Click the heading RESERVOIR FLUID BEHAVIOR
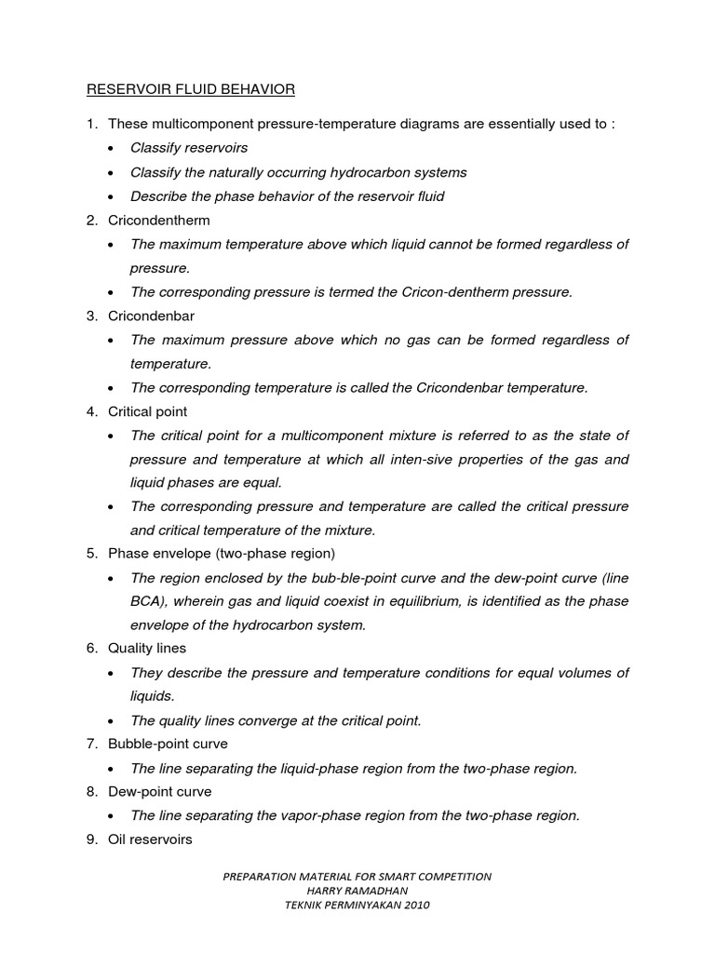(x=191, y=90)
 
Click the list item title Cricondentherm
(x=159, y=221)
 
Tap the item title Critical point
(x=148, y=411)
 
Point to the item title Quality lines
(x=147, y=648)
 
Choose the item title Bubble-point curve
(x=168, y=744)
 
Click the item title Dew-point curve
(x=160, y=791)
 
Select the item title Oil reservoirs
(x=151, y=839)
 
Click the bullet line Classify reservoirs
(x=190, y=148)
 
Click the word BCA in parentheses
(x=148, y=601)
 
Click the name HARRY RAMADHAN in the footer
(x=357, y=891)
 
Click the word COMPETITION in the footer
(x=449, y=877)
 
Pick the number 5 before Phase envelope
(x=92, y=554)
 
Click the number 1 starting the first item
(x=91, y=124)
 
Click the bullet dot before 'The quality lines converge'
(x=113, y=721)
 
